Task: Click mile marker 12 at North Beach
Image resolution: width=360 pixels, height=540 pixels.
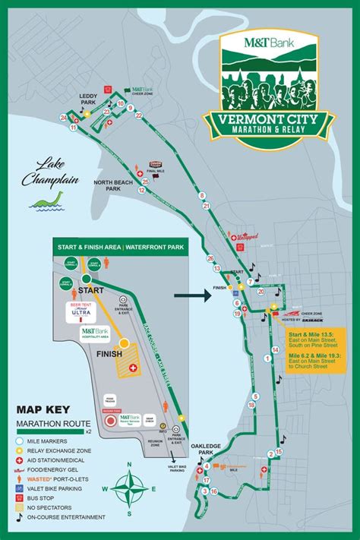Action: pyautogui.click(x=142, y=191)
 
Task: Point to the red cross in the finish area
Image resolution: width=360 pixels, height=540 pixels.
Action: pyautogui.click(x=134, y=368)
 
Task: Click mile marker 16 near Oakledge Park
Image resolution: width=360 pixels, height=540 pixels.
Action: pyautogui.click(x=214, y=491)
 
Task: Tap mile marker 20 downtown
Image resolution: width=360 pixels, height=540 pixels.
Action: pyautogui.click(x=261, y=290)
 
